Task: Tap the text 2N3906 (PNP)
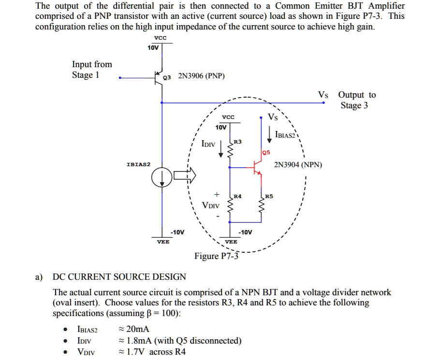click(x=201, y=76)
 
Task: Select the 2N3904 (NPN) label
click(x=298, y=165)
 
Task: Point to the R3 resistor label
click(x=237, y=142)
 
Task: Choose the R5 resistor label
click(x=269, y=196)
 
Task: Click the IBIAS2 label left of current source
click(x=138, y=165)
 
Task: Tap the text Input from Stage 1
click(x=92, y=70)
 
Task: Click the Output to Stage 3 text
click(x=356, y=100)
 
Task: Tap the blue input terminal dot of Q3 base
click(x=120, y=78)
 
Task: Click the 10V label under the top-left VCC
click(x=153, y=48)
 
